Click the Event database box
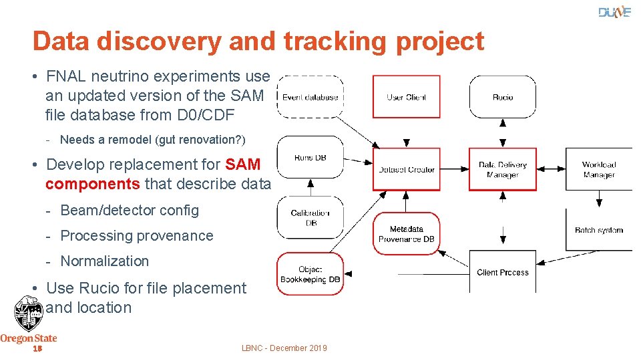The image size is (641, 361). point(310,97)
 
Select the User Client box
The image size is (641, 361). point(406,97)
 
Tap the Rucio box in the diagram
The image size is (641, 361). point(503,97)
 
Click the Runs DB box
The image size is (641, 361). point(310,158)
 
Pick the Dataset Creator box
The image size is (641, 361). point(406,169)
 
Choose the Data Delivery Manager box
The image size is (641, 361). point(503,169)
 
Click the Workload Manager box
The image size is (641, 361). point(598,169)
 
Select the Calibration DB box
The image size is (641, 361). point(310,217)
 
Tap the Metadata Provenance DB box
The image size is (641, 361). point(406,234)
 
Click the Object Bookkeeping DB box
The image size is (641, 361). point(310,273)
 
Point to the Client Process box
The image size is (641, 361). point(503,271)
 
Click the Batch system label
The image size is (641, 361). point(598,230)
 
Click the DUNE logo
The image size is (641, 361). point(614,12)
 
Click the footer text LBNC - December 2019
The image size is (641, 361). point(284,348)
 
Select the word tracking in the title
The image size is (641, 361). point(334,41)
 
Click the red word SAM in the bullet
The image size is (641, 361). point(243,164)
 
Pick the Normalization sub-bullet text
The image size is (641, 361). point(104,261)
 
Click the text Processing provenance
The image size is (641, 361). point(136,236)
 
